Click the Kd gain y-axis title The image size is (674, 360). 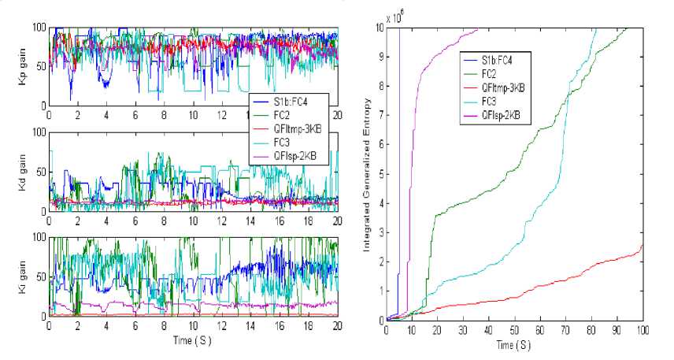click(x=21, y=172)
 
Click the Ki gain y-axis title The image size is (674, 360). click(x=21, y=276)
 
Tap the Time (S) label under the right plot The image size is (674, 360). click(x=513, y=344)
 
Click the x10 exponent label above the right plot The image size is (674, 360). click(x=394, y=17)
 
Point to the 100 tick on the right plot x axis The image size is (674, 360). click(x=643, y=330)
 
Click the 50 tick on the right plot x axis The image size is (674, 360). click(x=514, y=330)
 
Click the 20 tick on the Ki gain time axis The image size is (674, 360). click(x=337, y=325)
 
